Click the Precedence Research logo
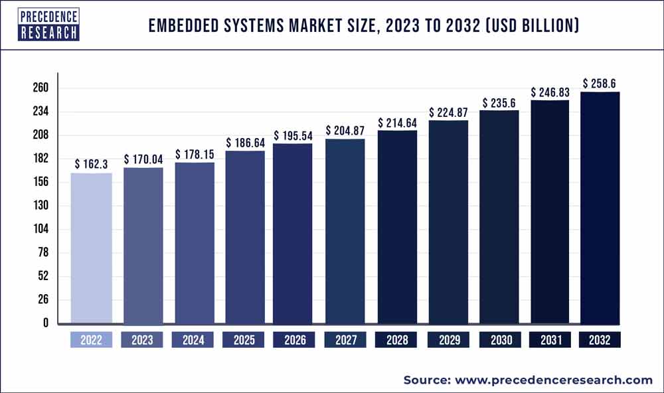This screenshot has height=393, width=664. click(48, 24)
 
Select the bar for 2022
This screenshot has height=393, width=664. click(91, 248)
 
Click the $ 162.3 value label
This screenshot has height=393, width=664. click(92, 163)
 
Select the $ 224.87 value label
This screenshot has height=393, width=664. click(448, 112)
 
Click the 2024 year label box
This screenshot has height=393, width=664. click(193, 340)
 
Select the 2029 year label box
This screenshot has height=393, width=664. click(448, 340)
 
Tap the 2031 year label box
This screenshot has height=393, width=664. click(550, 340)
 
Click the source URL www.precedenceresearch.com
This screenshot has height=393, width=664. click(554, 380)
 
